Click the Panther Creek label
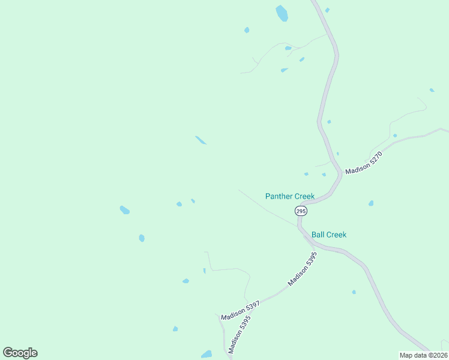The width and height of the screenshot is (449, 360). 290,196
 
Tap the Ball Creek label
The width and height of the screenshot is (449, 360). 329,235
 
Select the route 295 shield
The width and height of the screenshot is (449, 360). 301,211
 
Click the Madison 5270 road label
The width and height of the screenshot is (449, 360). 364,163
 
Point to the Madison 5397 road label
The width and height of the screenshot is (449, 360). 240,310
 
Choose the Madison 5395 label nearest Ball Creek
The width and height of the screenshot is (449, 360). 302,268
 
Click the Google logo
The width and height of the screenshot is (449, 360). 20,353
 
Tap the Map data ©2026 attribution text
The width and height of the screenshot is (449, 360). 423,355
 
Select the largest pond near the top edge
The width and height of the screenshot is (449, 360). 282,13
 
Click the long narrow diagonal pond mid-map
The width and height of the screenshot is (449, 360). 200,140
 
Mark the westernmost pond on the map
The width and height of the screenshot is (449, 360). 125,210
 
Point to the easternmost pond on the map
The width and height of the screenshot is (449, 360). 432,90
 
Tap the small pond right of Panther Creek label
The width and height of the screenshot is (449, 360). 371,203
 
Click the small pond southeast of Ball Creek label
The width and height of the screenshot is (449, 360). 354,292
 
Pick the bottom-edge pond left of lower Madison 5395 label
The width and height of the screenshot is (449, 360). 206,354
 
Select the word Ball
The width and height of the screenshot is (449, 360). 318,235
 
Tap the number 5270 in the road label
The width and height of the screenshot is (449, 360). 372,158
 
